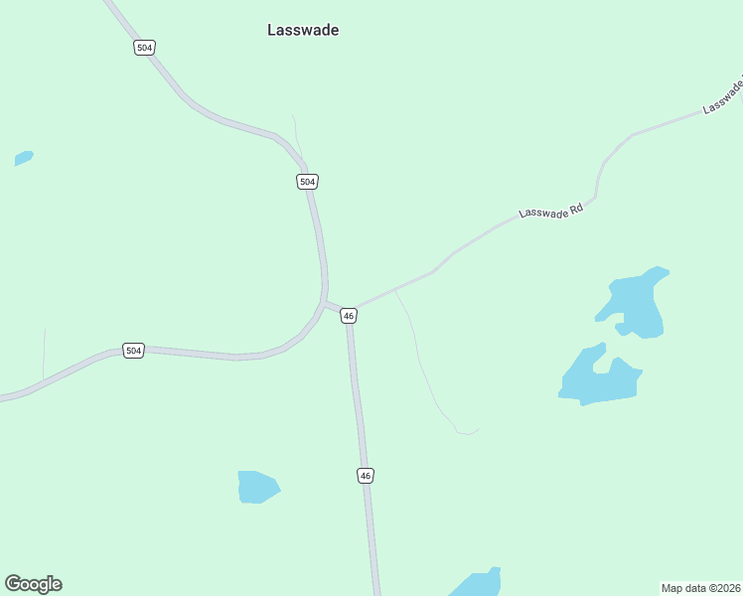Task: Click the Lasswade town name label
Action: pyautogui.click(x=303, y=30)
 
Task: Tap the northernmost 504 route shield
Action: pyautogui.click(x=145, y=48)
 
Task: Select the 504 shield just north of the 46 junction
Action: pyautogui.click(x=307, y=181)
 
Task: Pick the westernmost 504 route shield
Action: pyautogui.click(x=133, y=350)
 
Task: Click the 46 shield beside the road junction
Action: pyautogui.click(x=348, y=316)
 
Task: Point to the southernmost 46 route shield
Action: pyautogui.click(x=366, y=476)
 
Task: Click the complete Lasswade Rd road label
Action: pyautogui.click(x=556, y=206)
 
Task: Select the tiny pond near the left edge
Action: pyautogui.click(x=24, y=157)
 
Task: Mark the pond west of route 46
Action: pyautogui.click(x=257, y=487)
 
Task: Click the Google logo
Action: pyautogui.click(x=33, y=584)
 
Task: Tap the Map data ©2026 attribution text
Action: pyautogui.click(x=700, y=587)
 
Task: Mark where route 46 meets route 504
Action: pyautogui.click(x=328, y=302)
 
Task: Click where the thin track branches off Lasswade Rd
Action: pyautogui.click(x=395, y=291)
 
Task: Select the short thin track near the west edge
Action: pyautogui.click(x=44, y=353)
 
